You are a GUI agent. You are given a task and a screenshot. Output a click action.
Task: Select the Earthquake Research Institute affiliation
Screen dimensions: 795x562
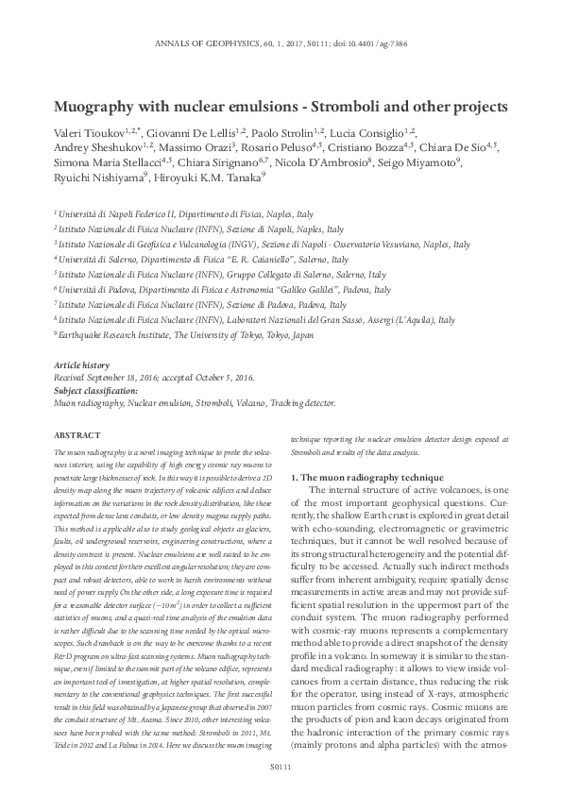123,334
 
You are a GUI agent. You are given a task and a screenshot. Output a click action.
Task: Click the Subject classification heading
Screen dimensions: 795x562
95,390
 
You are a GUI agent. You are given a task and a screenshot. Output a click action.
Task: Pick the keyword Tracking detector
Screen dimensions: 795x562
302,403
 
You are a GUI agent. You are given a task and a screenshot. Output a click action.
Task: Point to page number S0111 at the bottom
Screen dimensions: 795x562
281,768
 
